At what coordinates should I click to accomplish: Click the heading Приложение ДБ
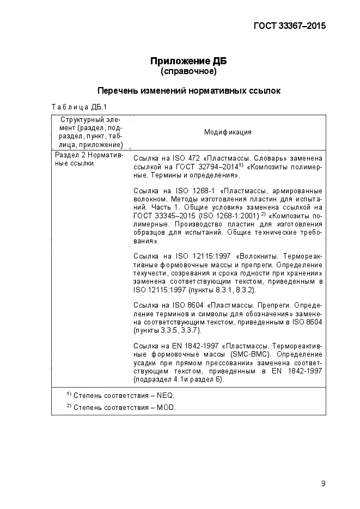coord(188,61)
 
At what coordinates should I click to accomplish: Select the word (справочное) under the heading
coord(188,71)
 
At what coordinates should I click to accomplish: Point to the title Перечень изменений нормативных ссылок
coord(188,91)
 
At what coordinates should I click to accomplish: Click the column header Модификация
coord(228,132)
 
